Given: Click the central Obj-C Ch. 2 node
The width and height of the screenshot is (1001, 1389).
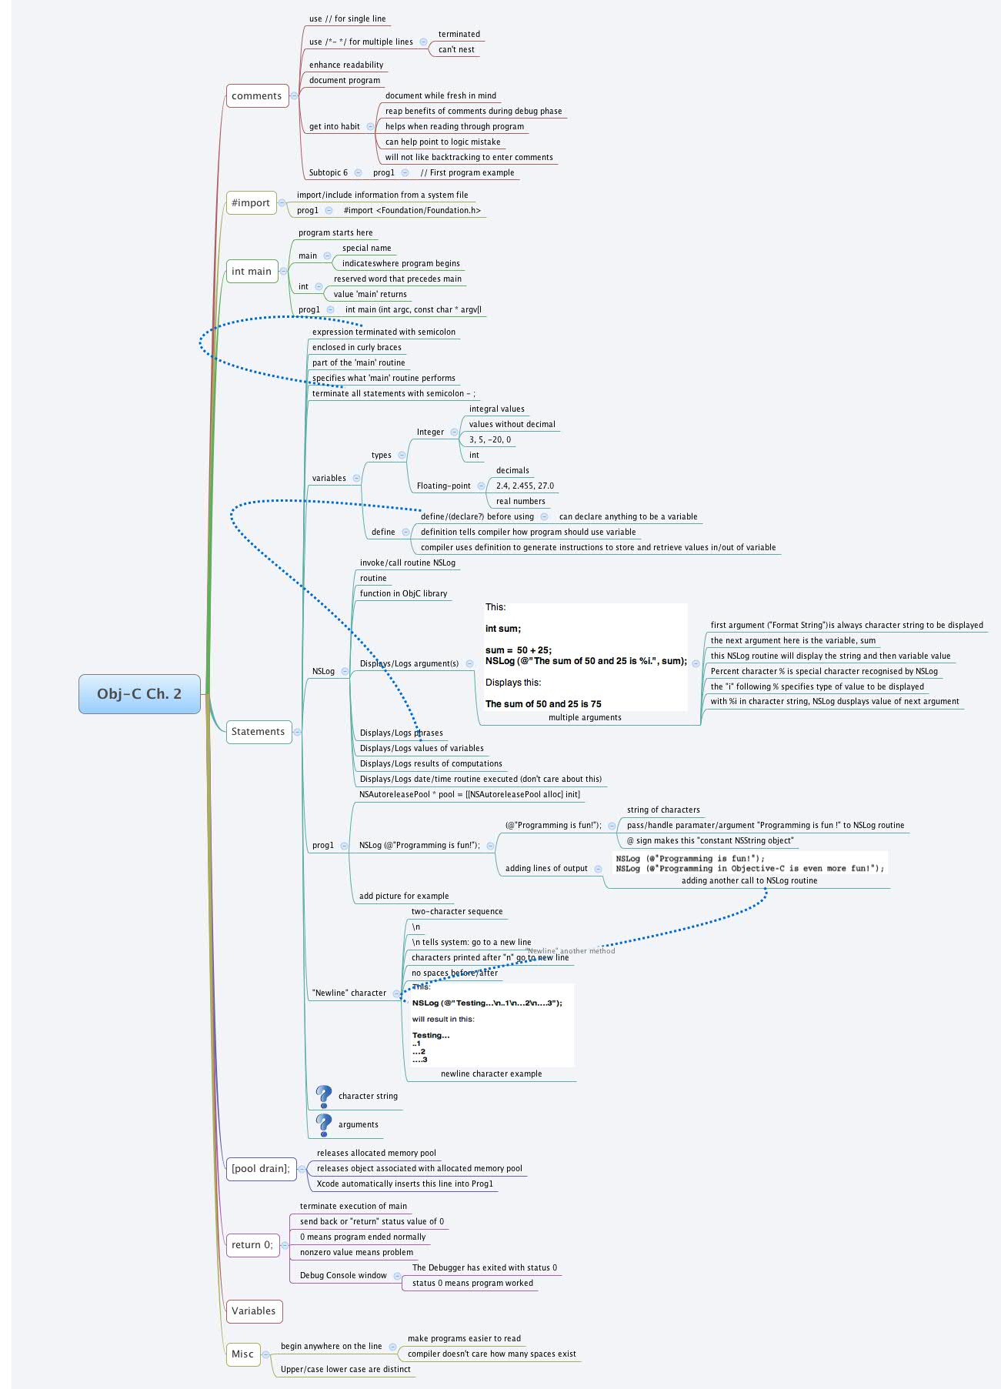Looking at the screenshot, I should coord(139,693).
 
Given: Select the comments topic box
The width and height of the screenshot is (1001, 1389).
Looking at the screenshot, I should coord(257,96).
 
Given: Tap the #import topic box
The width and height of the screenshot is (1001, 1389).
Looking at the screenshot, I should coord(251,203).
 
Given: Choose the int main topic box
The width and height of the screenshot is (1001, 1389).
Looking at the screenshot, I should coord(252,271).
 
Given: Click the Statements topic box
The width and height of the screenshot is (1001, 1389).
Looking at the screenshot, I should coord(258,731).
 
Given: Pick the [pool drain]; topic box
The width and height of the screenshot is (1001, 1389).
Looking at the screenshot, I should coord(261,1168).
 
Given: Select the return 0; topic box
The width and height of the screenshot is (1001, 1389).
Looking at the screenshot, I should coord(252,1244).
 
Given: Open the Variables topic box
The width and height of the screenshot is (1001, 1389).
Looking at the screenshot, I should coord(253,1311).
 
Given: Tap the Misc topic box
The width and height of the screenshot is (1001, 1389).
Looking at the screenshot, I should coord(242,1354).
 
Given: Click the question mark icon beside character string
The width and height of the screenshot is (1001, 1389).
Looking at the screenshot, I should coord(324,1097).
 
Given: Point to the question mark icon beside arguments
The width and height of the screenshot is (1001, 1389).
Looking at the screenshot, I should coord(324,1125).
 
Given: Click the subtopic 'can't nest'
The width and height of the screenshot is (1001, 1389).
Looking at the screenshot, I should coord(456,49).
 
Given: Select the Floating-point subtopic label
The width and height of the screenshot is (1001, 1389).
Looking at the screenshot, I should coord(443,486).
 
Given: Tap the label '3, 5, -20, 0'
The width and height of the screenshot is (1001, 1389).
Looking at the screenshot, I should coord(489,439).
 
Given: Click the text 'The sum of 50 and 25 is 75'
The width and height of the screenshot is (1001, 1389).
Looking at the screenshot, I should coord(543,703).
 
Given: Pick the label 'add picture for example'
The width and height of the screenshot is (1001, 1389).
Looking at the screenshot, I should coord(404,896).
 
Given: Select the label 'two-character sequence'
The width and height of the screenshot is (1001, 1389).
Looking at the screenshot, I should coord(456,911).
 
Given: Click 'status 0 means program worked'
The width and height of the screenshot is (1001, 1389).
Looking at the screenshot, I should coord(472,1283).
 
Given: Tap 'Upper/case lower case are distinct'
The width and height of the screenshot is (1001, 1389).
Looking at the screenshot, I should coord(345,1369).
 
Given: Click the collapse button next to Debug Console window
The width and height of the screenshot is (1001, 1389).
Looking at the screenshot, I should coord(397,1276).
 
